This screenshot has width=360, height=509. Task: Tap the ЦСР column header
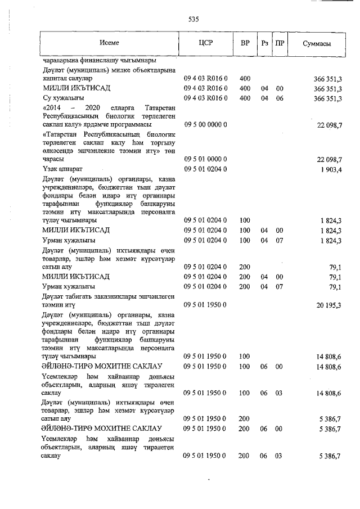coord(205,43)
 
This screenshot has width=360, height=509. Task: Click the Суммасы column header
coord(316,43)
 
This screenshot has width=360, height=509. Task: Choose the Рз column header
coord(264,43)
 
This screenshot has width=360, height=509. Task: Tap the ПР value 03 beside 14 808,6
coord(280,393)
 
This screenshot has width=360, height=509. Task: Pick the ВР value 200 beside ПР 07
coord(245,287)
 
